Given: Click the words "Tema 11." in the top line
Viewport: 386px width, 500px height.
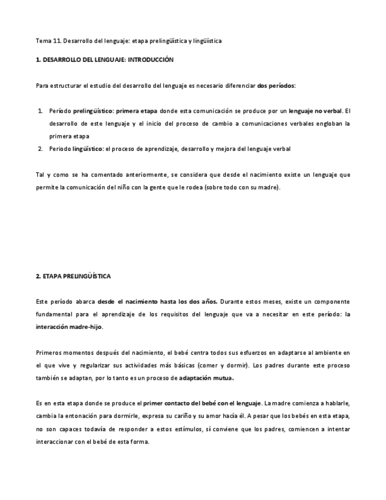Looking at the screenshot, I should (48, 41).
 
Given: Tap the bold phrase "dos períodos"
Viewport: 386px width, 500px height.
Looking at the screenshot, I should (276, 85).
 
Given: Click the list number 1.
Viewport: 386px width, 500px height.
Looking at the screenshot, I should (40, 111).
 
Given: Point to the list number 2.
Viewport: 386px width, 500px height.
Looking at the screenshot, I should (40, 149).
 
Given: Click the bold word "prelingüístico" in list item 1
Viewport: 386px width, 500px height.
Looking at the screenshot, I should (93, 111).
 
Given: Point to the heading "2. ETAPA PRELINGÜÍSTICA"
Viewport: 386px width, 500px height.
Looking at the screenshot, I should (73, 276).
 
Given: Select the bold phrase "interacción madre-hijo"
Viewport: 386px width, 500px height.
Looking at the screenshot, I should (68, 327).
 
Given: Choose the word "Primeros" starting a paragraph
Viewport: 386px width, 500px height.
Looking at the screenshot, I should (50, 353).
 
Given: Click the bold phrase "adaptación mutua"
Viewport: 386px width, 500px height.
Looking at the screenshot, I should (206, 378).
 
